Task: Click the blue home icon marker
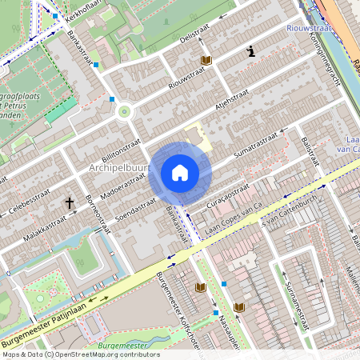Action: click(x=180, y=173)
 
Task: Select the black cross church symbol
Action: click(x=70, y=203)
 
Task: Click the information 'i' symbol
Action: click(x=252, y=52)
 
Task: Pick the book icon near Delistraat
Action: click(x=206, y=61)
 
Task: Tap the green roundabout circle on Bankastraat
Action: click(x=124, y=112)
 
